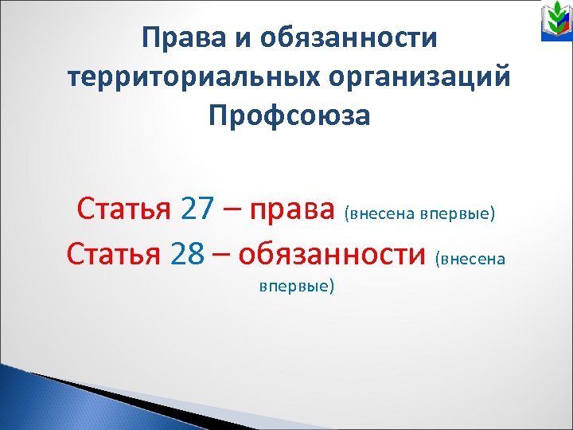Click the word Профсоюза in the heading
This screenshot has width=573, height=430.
pos(289,117)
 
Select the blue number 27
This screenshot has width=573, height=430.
pos(197,209)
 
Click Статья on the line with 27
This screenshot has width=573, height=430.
pos(124,209)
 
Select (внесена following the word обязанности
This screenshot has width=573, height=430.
pos(470,258)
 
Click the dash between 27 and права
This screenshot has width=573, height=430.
pos(232,211)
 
